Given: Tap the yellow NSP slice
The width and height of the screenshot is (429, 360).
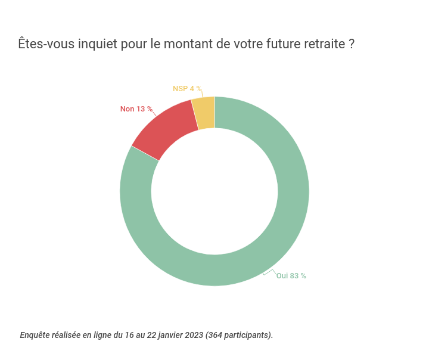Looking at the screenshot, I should pos(204,113).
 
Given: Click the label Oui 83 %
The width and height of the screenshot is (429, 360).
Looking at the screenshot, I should pos(291,276).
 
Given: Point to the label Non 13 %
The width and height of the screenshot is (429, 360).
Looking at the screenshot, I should pos(136,109).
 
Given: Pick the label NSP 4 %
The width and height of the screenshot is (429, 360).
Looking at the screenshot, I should pos(186,89).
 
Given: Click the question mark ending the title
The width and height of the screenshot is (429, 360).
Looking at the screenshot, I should pos(352,45).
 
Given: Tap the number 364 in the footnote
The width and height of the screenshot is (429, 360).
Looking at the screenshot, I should pos(216,335).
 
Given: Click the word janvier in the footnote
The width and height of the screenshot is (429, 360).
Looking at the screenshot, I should pos(166,335).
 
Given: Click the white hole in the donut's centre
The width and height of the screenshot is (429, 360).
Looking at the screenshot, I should pos(214,191).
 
